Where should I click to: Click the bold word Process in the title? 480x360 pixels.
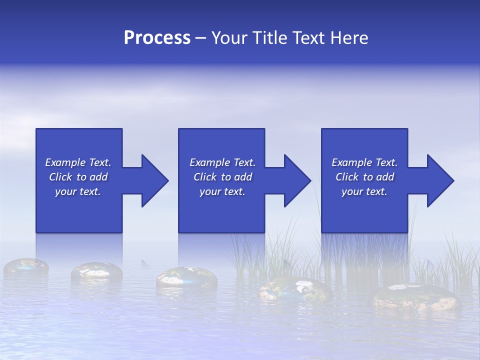coord(157,38)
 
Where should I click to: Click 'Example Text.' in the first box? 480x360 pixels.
coord(78,162)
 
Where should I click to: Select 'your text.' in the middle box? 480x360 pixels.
coord(222,191)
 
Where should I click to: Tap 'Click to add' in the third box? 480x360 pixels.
coord(364,177)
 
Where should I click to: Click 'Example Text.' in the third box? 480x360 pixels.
coord(364,162)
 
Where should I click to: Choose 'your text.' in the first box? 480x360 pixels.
coord(78,191)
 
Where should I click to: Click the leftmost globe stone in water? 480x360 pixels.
coord(26,266)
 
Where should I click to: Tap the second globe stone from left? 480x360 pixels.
coord(96,272)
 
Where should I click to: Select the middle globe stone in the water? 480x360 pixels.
coord(186,278)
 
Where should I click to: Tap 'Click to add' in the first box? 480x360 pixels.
coord(78,177)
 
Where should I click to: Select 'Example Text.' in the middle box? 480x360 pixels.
coord(222,162)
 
